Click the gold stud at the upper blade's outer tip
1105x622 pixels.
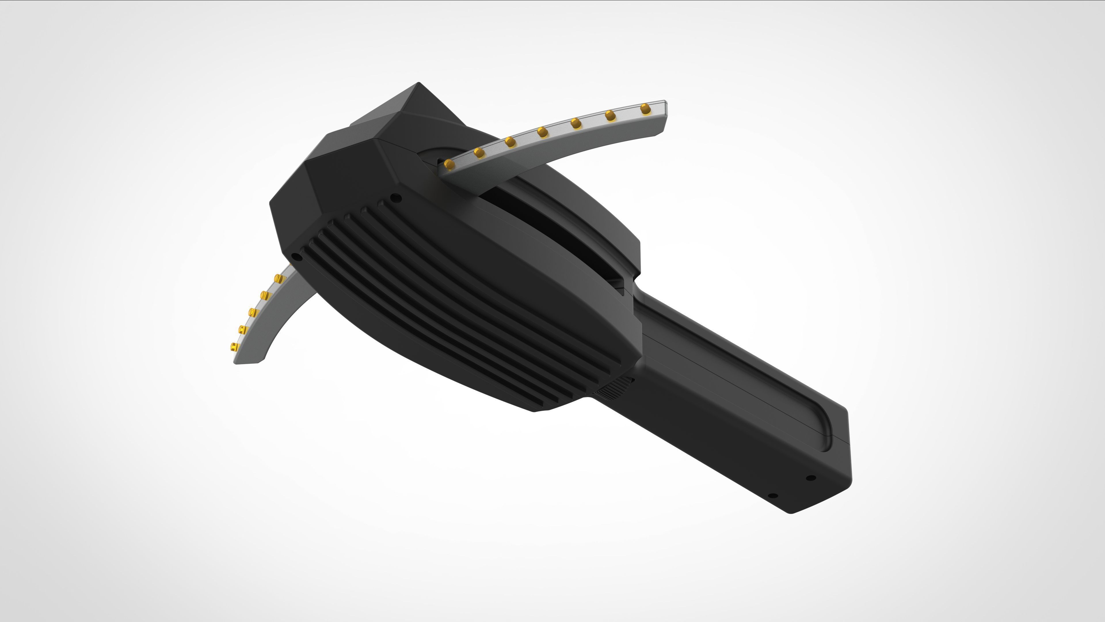click(645, 109)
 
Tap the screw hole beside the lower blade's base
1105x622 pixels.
click(296, 257)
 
